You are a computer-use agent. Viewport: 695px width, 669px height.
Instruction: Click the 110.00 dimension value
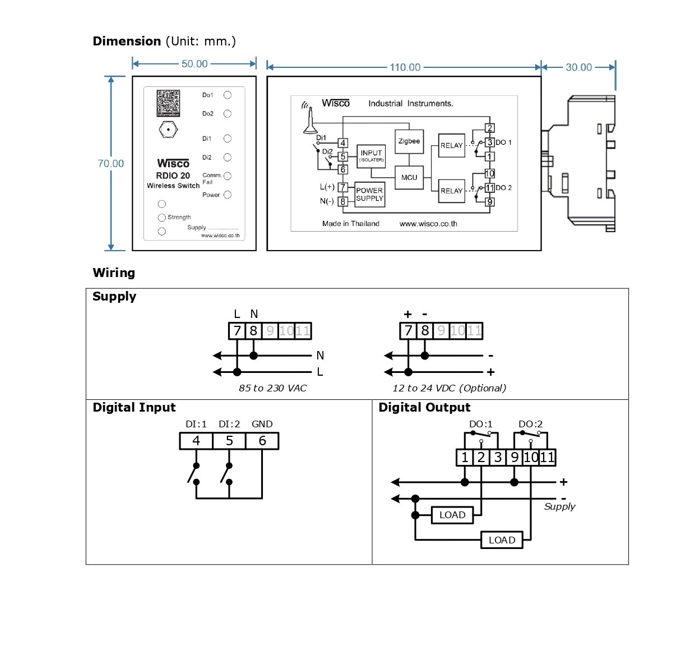(x=405, y=67)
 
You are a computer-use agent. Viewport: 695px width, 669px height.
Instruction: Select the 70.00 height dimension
(x=110, y=163)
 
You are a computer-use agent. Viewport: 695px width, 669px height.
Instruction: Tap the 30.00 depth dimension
(x=578, y=67)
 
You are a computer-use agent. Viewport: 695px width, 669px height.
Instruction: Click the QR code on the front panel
(x=168, y=103)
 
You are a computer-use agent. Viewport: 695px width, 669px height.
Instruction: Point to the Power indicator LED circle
(x=228, y=195)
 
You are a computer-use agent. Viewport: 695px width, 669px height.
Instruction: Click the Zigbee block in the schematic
(x=409, y=141)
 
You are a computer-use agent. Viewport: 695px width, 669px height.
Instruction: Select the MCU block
(x=409, y=177)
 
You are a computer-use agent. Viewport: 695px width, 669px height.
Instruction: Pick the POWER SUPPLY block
(x=369, y=195)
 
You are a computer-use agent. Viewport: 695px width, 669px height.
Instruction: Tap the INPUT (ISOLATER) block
(x=371, y=155)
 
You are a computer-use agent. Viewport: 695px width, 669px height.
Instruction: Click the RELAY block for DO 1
(x=451, y=145)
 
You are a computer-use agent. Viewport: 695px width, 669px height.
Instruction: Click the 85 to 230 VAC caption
(x=272, y=388)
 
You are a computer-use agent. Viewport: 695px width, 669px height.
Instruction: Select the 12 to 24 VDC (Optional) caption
(x=449, y=388)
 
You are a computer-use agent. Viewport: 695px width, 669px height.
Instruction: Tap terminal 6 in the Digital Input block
(x=262, y=441)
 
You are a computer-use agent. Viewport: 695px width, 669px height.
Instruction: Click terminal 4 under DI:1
(x=196, y=441)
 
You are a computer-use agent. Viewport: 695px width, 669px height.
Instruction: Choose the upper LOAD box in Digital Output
(x=452, y=515)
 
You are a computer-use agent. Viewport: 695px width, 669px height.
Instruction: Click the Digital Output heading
(x=424, y=408)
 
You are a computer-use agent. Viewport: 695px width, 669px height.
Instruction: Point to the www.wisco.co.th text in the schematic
(x=428, y=224)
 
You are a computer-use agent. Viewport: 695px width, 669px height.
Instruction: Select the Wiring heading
(x=114, y=273)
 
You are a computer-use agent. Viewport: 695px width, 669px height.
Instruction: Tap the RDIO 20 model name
(x=173, y=176)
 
